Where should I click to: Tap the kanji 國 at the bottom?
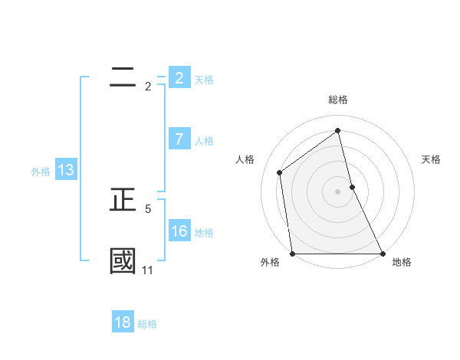pyautogui.click(x=123, y=260)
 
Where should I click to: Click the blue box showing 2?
pyautogui.click(x=179, y=77)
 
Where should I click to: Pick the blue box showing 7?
pyautogui.click(x=179, y=139)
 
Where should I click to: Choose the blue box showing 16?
pyautogui.click(x=179, y=231)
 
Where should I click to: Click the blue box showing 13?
pyautogui.click(x=66, y=170)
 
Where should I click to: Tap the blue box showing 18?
pyautogui.click(x=123, y=322)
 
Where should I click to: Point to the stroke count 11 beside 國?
pyautogui.click(x=148, y=270)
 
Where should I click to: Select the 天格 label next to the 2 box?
pyautogui.click(x=204, y=79)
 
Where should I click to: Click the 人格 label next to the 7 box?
pyautogui.click(x=204, y=141)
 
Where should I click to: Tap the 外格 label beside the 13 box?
pyautogui.click(x=41, y=172)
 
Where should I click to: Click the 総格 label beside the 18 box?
pyautogui.click(x=147, y=324)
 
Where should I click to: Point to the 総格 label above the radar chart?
pyautogui.click(x=338, y=100)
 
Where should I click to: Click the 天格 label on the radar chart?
pyautogui.click(x=432, y=159)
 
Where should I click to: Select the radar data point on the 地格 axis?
pyautogui.click(x=382, y=254)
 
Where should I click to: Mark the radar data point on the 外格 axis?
pyautogui.click(x=293, y=254)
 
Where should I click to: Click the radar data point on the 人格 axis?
pyautogui.click(x=280, y=172)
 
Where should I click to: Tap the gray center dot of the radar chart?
pyautogui.click(x=338, y=191)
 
